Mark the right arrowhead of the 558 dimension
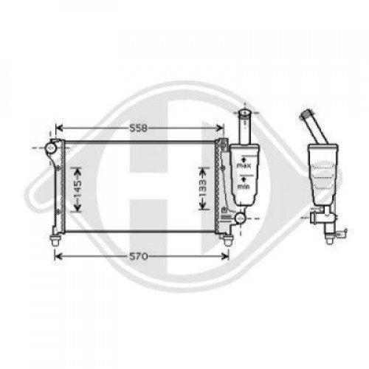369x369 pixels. coord(223,128)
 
